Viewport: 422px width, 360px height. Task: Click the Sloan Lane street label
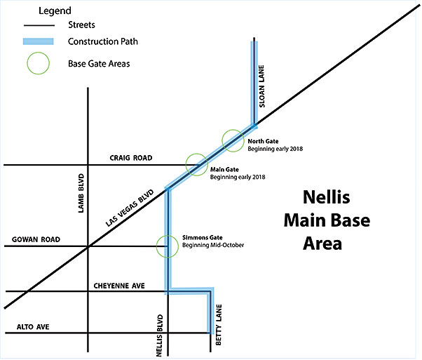point(261,86)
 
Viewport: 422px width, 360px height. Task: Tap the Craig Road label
point(131,158)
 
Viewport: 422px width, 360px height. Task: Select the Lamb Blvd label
point(81,193)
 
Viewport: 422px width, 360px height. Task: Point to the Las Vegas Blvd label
point(130,208)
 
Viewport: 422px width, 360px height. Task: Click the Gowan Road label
point(36,239)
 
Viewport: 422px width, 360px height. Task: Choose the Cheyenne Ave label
point(119,286)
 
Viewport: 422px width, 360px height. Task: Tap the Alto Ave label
point(33,327)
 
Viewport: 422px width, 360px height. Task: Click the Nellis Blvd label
point(160,335)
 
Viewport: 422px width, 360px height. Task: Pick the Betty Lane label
point(219,325)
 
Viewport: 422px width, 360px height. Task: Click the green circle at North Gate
point(222,140)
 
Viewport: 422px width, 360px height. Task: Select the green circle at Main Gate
point(186,165)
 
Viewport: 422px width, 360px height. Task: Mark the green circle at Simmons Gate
point(156,246)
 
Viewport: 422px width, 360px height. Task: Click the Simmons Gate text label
point(203,238)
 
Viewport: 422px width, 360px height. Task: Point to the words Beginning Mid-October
point(213,245)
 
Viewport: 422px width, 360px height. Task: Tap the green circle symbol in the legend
point(27,63)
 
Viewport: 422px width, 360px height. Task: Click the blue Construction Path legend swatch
point(39,41)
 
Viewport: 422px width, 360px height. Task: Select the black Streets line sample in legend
point(39,25)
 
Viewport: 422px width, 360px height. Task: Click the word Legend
point(55,11)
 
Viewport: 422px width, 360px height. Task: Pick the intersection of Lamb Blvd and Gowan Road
point(88,246)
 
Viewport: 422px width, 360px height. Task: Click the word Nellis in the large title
point(327,197)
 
